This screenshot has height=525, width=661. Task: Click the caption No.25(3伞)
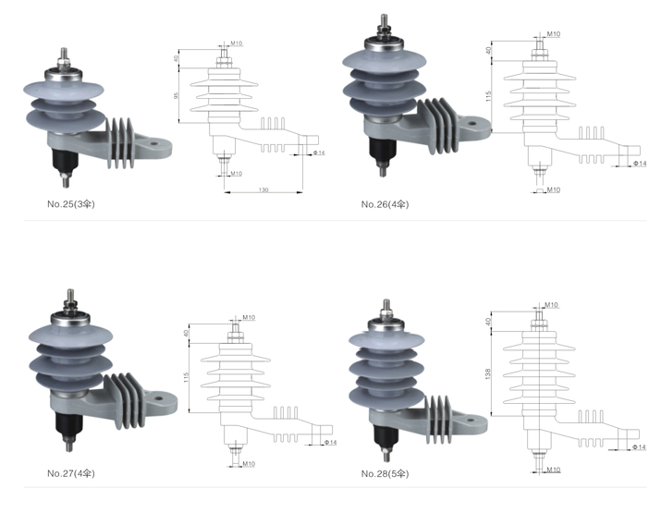click(70, 203)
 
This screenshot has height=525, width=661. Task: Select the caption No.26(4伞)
click(385, 203)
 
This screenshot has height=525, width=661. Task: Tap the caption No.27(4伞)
click(70, 473)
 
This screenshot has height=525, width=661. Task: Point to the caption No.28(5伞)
click(385, 473)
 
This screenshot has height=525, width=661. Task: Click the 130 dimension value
click(263, 189)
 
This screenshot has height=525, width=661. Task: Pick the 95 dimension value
click(177, 95)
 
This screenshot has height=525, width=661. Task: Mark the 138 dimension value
click(490, 372)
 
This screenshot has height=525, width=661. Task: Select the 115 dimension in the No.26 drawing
click(489, 96)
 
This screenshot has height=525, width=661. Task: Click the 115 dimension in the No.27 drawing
click(186, 378)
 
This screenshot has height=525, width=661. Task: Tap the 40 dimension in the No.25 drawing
click(177, 58)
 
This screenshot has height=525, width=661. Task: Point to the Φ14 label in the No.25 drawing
click(320, 152)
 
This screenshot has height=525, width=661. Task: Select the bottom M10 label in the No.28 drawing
click(553, 470)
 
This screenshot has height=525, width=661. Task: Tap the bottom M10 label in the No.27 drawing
click(248, 463)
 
